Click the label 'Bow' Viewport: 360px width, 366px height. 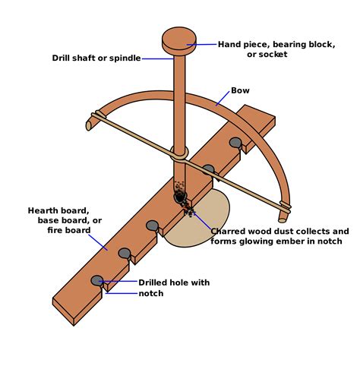tap(240, 90)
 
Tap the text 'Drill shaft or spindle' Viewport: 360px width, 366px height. tap(96, 58)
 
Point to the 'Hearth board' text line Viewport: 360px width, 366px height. tap(58, 210)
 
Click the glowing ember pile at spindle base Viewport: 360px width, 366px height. tap(182, 199)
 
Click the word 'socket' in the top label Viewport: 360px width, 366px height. tap(276, 55)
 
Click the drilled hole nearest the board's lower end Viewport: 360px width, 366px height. tap(97, 280)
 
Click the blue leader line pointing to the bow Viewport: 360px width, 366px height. tap(221, 97)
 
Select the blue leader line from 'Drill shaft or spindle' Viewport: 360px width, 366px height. tap(158, 58)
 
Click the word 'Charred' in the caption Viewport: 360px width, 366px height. tap(230, 231)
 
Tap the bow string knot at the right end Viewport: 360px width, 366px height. tap(285, 205)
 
